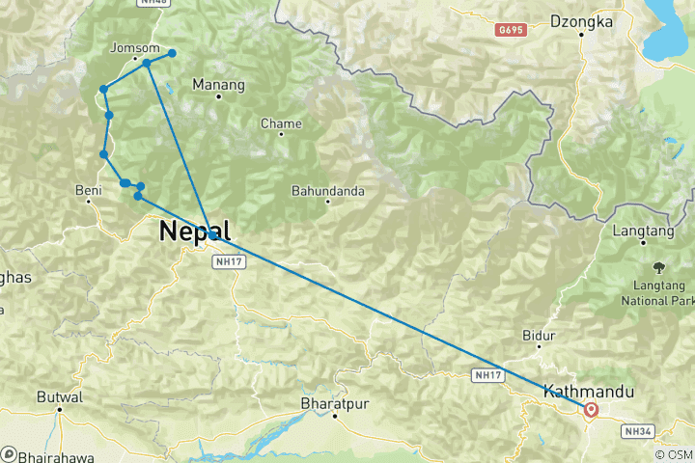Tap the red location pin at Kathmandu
[591, 410]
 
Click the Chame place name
[282, 123]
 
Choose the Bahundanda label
[328, 191]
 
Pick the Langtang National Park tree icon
[659, 265]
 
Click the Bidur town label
[539, 336]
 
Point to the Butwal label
[60, 396]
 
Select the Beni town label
[89, 191]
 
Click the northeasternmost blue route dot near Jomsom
[173, 53]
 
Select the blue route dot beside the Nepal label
[212, 234]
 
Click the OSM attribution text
[673, 454]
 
